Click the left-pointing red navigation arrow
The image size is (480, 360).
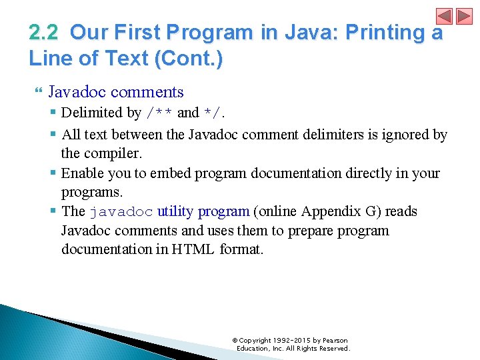pyautogui.click(x=445, y=16)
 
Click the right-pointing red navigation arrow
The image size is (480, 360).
pyautogui.click(x=463, y=16)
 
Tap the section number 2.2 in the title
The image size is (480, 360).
pyautogui.click(x=43, y=33)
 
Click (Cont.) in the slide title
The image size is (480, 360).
pyautogui.click(x=189, y=58)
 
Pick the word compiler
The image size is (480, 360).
pyautogui.click(x=119, y=153)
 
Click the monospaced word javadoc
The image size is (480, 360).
pyautogui.click(x=121, y=212)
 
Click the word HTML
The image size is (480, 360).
pyautogui.click(x=193, y=250)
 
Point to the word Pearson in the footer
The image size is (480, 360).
pyautogui.click(x=335, y=341)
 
